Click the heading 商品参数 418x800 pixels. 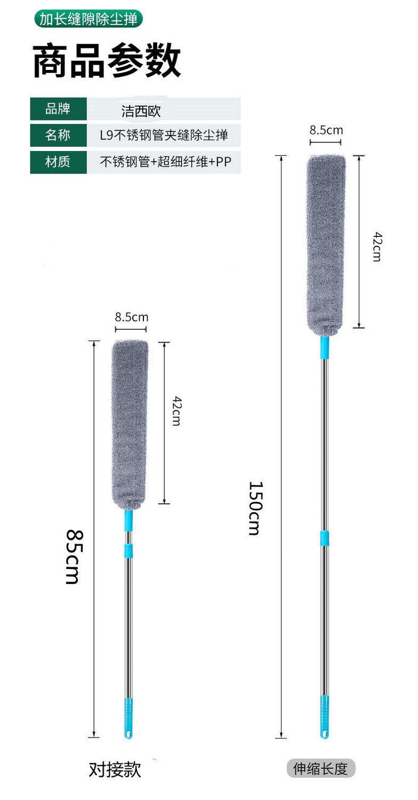(107, 60)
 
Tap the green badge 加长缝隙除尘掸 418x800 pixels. (88, 19)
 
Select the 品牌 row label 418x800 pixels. (58, 108)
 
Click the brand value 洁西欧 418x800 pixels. (141, 111)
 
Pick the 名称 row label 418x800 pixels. (58, 135)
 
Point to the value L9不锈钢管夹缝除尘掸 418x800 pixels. (164, 135)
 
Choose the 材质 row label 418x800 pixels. (58, 162)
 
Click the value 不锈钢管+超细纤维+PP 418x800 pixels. (165, 162)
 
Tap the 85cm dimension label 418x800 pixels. (75, 557)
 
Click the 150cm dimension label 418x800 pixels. (256, 508)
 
